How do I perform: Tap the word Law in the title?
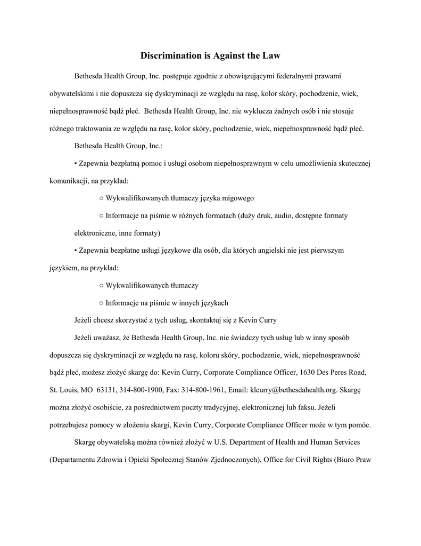pos(271,55)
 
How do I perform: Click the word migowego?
pos(236,198)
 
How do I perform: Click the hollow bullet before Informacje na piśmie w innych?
pos(101,303)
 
